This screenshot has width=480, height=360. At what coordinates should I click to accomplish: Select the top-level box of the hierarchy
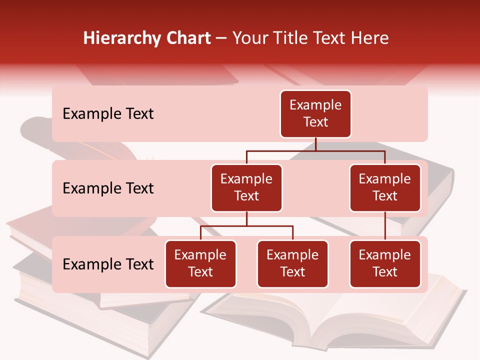pos(315,114)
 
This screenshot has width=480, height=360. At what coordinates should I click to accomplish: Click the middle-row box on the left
pos(246,187)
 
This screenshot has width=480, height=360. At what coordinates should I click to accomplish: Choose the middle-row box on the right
pos(385,187)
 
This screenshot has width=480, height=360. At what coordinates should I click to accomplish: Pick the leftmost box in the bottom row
pos(200,263)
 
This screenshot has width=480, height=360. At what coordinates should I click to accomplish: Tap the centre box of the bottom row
pos(292,263)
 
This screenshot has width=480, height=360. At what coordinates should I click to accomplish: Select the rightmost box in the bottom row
pos(385,263)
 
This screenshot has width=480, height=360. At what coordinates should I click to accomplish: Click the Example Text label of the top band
pos(108,114)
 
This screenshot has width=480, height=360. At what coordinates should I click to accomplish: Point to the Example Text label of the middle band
pos(108,188)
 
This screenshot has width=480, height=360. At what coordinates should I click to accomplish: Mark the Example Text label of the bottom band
pos(108,264)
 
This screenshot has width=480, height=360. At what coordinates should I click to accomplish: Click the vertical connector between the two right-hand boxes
pos(385,226)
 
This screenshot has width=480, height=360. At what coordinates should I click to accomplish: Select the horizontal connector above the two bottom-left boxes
pos(246,226)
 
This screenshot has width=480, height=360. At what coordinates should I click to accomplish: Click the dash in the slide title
pos(221,38)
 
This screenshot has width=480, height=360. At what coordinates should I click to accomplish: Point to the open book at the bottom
pos(330,320)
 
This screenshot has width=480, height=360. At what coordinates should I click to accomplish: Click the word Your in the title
pos(249,38)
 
